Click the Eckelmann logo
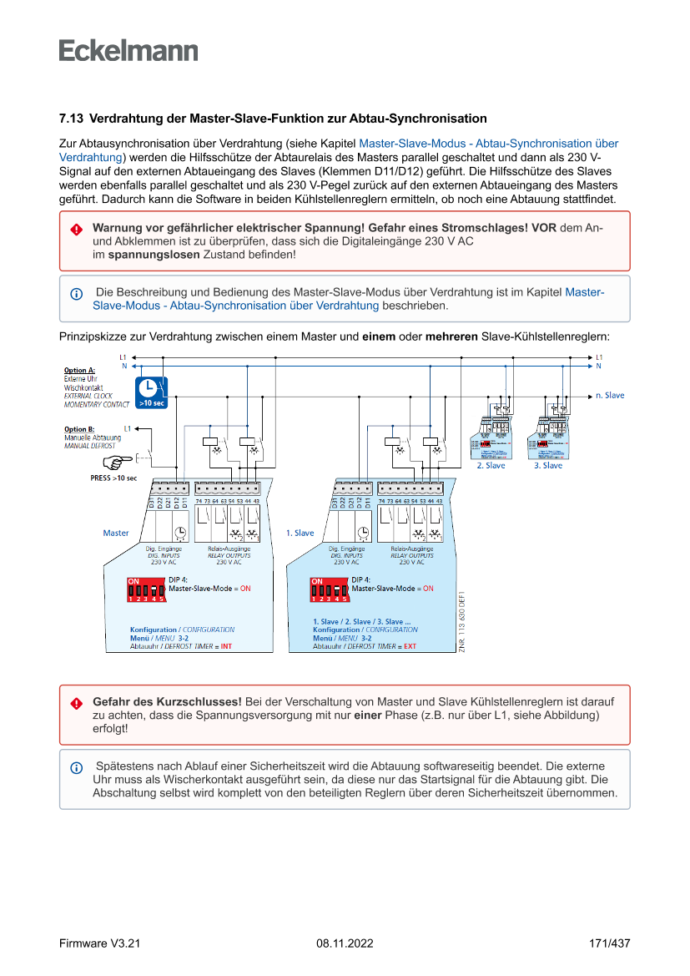click(128, 50)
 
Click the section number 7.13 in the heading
click(72, 119)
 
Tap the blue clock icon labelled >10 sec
click(151, 392)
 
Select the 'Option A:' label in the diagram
click(79, 370)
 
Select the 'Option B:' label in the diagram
click(79, 429)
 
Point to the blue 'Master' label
click(116, 533)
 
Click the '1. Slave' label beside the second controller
click(300, 533)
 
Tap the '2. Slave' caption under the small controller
click(491, 466)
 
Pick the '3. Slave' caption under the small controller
click(548, 466)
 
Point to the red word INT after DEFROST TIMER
click(226, 647)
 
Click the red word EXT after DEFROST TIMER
click(410, 647)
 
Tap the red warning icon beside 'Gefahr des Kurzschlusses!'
click(76, 703)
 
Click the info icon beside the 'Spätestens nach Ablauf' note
click(76, 767)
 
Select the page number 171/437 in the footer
click(609, 943)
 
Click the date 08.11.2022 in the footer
click(345, 943)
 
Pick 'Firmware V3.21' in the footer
click(99, 943)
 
